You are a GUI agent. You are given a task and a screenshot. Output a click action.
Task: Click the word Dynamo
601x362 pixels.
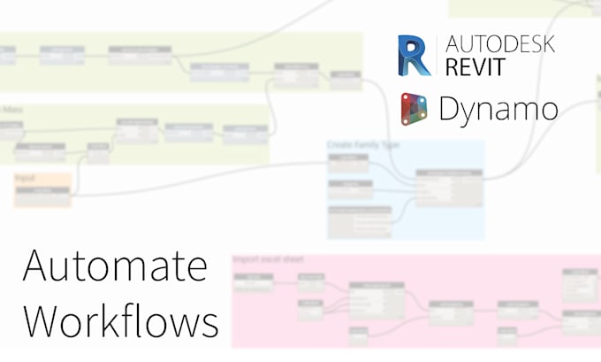(498, 110)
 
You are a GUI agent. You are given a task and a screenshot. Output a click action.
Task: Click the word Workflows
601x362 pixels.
(120, 320)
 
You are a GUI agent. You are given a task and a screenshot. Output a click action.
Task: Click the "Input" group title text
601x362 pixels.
(26, 178)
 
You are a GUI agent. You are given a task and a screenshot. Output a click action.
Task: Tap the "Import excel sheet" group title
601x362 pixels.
(268, 259)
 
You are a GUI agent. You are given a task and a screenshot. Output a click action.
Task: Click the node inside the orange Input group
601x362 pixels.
(42, 196)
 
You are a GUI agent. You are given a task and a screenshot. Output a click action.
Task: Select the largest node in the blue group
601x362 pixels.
(449, 187)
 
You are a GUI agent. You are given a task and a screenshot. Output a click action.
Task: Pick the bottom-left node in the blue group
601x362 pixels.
(358, 222)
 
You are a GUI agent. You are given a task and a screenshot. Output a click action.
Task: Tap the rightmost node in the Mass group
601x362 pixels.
(245, 135)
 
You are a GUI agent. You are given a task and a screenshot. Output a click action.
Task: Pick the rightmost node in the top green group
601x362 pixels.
(346, 81)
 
